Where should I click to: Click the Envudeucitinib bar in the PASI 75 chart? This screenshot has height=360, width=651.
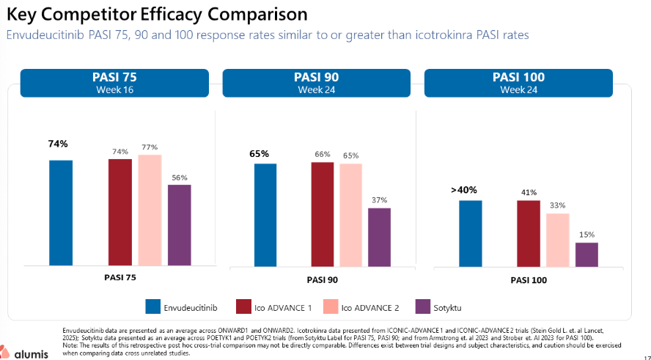click(61, 212)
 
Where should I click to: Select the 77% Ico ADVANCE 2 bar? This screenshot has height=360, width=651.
click(150, 210)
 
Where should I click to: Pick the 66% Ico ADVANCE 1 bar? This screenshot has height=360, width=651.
click(322, 213)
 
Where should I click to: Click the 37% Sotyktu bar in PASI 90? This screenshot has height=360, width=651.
click(379, 236)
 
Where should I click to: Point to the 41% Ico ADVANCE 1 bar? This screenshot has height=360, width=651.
click(528, 232)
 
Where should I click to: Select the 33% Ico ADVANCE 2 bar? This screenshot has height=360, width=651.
click(557, 239)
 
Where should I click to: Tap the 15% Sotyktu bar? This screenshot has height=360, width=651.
click(586, 254)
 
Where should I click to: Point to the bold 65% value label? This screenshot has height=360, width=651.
click(260, 154)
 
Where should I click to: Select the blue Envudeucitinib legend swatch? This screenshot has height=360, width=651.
click(153, 306)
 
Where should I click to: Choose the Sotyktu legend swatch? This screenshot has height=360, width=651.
click(422, 306)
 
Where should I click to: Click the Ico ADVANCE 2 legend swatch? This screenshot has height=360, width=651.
click(328, 306)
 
